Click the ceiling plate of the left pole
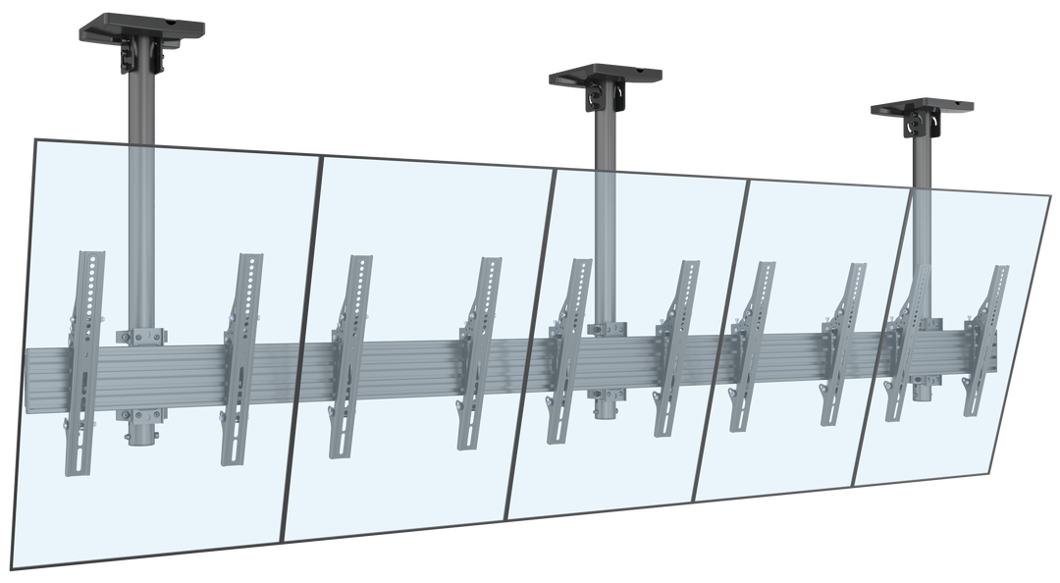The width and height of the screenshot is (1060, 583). click(142, 24)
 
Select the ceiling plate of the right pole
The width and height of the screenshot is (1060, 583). click(923, 105)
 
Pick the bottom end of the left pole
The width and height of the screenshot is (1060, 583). click(140, 436)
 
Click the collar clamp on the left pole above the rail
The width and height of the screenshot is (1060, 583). click(140, 335)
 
